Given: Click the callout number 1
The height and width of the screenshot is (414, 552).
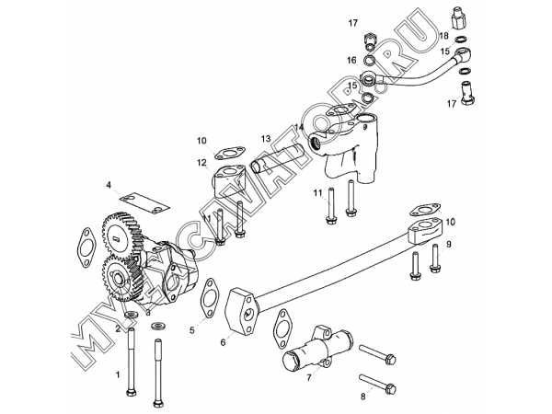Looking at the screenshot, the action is pos(119,374).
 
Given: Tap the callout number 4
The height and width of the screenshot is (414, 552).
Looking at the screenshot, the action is pos(109,185).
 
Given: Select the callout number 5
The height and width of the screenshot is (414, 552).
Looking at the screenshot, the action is pos(192,330).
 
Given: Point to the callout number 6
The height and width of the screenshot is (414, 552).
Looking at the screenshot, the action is pos(223,342).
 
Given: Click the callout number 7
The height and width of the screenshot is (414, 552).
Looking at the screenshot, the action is pos(309,378).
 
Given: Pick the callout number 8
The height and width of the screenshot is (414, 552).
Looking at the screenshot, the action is pos(363,397).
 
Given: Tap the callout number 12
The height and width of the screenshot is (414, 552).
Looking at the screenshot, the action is pos(201,163).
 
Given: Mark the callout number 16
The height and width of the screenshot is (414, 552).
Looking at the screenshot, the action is pos(351,61).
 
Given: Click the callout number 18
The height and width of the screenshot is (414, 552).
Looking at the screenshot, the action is pos(444,35).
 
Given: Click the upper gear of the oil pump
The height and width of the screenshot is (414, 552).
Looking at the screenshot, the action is pos(122,233).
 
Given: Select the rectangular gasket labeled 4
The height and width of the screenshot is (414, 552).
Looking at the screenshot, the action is pos(144,203).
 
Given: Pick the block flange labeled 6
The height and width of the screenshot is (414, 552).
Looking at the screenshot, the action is pos(241,310).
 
